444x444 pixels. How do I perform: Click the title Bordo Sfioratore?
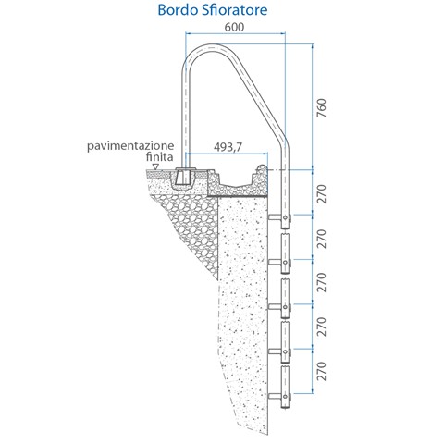coord(213,10)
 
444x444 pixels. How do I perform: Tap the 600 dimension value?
coord(234,27)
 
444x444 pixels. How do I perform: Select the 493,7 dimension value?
coord(228,147)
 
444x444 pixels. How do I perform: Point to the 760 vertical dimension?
coord(322,107)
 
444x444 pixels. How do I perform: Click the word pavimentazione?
coord(130,146)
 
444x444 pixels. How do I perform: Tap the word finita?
coord(159,157)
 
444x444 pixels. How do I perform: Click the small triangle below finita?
coord(156,166)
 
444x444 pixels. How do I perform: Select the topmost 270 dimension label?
coord(322,194)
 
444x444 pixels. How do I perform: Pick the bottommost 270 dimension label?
coord(322,371)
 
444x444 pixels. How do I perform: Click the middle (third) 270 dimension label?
coord(322,282)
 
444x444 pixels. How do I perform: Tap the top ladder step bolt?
coord(286,218)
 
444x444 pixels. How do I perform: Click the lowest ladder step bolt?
coord(286,396)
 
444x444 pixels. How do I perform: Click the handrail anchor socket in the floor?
coord(183,178)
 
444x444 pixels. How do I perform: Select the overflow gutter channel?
coord(236,185)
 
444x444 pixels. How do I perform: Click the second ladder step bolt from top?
coord(286,263)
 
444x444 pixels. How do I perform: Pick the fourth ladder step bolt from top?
coord(286,351)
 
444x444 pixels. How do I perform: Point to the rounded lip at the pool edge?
coord(262,169)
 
